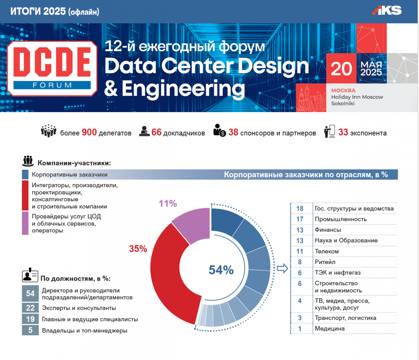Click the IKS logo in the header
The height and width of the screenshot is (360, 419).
(387, 10)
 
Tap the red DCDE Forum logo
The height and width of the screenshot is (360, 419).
(52, 68)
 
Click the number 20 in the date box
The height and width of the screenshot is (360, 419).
(341, 69)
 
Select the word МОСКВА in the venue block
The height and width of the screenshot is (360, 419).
(343, 90)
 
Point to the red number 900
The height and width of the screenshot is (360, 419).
(89, 132)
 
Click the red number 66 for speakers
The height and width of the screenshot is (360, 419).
(156, 132)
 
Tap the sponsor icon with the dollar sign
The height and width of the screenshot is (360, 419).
(220, 130)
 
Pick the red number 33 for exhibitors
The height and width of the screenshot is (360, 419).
(343, 132)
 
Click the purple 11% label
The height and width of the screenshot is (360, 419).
(168, 204)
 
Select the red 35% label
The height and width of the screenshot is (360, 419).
(138, 249)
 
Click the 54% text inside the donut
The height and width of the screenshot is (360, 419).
(221, 270)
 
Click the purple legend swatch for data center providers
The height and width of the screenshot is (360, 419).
(25, 223)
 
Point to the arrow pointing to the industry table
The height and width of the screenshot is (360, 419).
(282, 269)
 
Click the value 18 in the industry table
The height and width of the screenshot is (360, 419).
(300, 208)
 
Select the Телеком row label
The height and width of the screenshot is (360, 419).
(327, 251)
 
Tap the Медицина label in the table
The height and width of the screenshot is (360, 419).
(330, 328)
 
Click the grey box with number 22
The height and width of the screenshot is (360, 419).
(30, 308)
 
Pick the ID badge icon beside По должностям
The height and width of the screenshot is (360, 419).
(30, 275)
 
